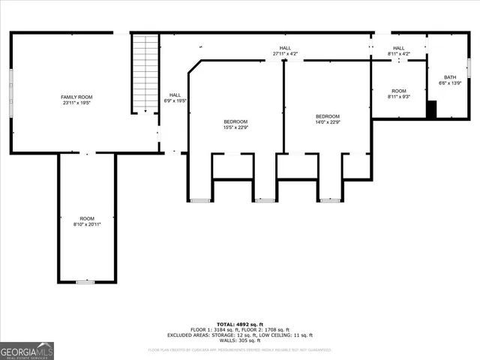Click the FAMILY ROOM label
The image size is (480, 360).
[x=76, y=97]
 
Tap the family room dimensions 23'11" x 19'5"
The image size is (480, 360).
[x=76, y=103]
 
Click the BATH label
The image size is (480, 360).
[x=449, y=77]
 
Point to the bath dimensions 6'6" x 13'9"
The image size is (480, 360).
[x=449, y=82]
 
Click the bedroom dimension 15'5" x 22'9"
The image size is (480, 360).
[x=235, y=127]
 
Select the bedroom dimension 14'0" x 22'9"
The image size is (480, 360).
[x=327, y=122]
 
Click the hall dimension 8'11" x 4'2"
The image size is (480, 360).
[x=398, y=54]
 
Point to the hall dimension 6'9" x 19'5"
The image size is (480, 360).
[x=175, y=100]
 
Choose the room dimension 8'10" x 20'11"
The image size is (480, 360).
[x=88, y=224]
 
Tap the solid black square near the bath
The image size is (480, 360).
[x=431, y=109]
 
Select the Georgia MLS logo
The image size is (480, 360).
[x=27, y=350]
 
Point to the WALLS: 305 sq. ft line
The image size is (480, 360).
[x=240, y=340]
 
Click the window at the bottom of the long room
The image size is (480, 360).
[x=87, y=281]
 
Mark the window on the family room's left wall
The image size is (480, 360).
[x=11, y=92]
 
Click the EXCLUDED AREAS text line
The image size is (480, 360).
[x=240, y=335]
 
